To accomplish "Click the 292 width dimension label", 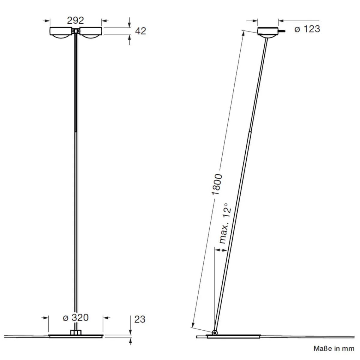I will pos(75,20).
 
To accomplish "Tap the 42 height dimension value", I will pos(140,31).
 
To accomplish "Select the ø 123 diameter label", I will pos(307,29).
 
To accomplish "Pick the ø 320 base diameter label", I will pos(76,317).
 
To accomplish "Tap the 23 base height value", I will pos(139,319).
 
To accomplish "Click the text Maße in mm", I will pos(334,348).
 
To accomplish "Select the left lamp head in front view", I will pos(61,32).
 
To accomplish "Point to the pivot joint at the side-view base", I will pos(214,332).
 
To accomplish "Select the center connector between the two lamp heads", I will pos(76,31).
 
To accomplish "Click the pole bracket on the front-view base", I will pos(76,332).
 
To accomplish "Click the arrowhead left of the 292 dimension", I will pos(47,21).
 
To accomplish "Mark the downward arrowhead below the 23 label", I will pos(130,332).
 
